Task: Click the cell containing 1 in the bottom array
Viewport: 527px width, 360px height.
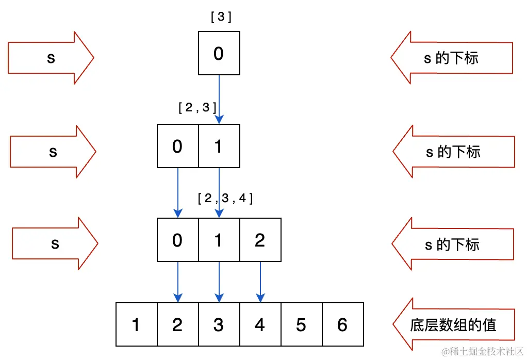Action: coord(136,324)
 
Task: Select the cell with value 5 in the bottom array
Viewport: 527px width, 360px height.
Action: coord(301,324)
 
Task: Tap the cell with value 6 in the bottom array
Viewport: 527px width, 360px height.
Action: coord(342,324)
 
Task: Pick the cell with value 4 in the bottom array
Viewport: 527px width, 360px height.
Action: coord(260,324)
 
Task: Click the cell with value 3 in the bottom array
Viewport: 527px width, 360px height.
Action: coord(219,324)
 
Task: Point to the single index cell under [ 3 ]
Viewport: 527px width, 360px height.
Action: coord(219,54)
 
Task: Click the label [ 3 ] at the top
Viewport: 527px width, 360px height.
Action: coord(221,17)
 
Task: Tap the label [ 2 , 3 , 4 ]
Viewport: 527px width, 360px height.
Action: coord(225,198)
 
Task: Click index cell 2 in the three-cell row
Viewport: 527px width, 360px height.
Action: coord(260,240)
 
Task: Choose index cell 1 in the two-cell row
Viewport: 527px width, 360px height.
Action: coord(219,146)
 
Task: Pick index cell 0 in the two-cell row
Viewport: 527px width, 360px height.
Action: coord(177,146)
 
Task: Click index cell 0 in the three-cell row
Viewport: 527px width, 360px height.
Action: coord(177,240)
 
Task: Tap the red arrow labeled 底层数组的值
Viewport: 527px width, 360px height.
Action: coord(453,325)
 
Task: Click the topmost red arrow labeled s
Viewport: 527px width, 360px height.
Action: coord(51,57)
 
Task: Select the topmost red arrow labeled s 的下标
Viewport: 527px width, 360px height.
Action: coord(452,57)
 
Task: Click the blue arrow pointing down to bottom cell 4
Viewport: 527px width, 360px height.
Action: coord(260,282)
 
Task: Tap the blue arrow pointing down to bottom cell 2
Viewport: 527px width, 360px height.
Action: coord(178,282)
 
